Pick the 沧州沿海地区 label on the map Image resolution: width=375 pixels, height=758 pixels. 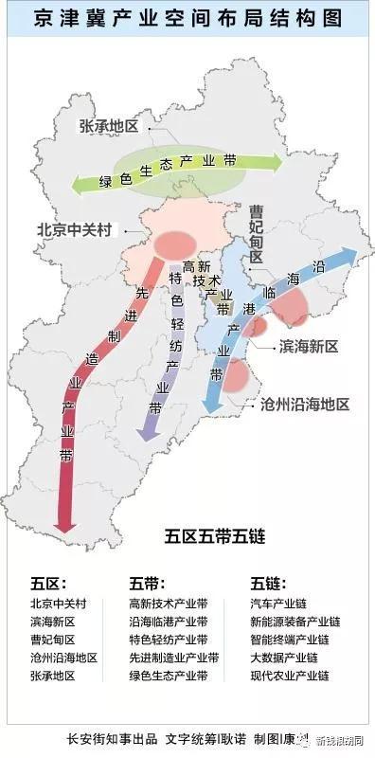[x=305, y=404]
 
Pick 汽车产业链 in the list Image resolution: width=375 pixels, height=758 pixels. [x=279, y=603]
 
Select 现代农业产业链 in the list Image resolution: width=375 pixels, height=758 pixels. [x=289, y=676]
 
